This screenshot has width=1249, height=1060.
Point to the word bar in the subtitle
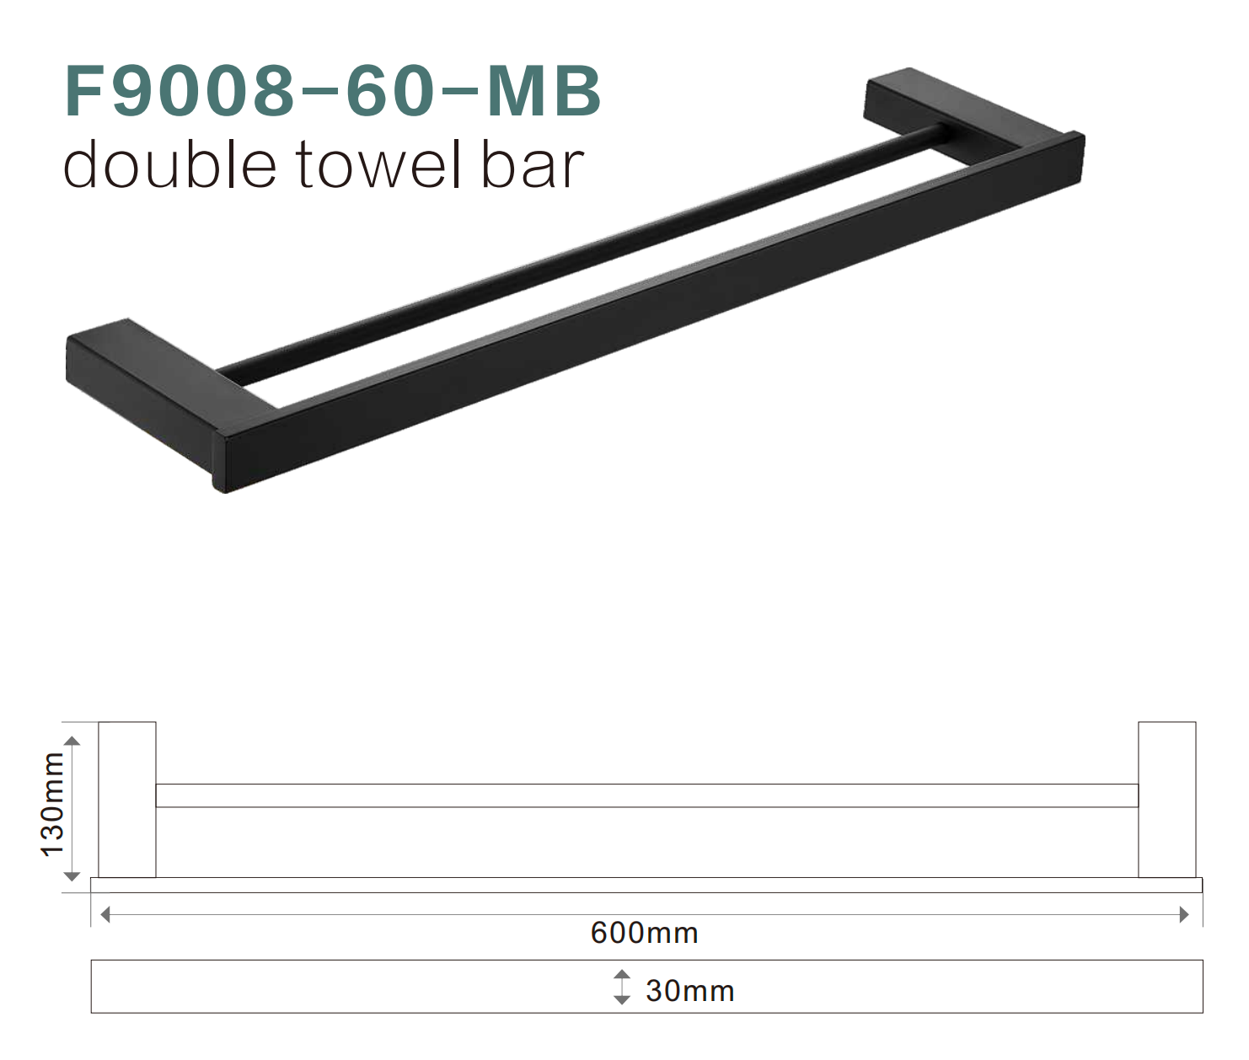[x=533, y=165]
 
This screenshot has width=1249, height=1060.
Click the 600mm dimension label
[x=644, y=934]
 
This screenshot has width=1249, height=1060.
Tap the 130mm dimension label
[x=52, y=805]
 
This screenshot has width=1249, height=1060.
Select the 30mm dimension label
[x=689, y=991]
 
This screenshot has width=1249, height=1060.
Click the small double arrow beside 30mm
[x=622, y=987]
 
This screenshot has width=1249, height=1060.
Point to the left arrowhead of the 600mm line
[x=105, y=914]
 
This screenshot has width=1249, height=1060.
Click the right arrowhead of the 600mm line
[x=1184, y=914]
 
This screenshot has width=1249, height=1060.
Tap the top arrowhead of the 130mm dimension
[x=72, y=741]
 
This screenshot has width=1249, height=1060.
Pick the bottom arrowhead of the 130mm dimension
[x=72, y=876]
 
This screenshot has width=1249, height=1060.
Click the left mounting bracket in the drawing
[x=127, y=799]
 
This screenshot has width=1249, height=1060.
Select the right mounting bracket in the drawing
[x=1166, y=799]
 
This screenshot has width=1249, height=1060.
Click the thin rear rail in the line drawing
[x=646, y=795]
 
